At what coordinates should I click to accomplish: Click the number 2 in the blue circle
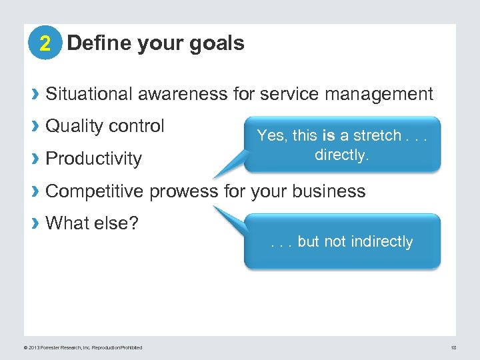point(45,44)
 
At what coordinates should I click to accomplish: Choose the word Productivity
point(93,159)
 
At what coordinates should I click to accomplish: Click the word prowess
point(185,191)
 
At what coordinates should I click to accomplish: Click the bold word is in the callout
point(328,135)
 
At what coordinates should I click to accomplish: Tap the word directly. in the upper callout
point(341,155)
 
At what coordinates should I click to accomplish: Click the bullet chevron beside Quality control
point(36,127)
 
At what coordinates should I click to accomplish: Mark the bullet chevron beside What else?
point(36,223)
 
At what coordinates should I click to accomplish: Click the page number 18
point(453,347)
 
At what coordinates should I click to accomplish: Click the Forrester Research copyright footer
point(83,347)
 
